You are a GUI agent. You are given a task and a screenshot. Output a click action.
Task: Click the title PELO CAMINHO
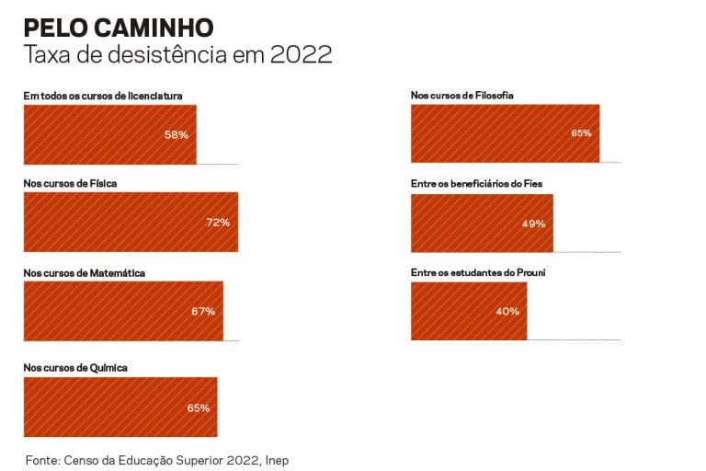click(119, 27)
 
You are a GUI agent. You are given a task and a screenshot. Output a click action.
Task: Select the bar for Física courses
click(131, 222)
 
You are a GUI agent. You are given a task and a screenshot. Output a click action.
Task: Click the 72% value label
click(218, 223)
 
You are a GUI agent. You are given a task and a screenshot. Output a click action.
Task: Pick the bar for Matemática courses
click(123, 311)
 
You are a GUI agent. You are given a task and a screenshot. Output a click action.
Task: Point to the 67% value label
click(203, 311)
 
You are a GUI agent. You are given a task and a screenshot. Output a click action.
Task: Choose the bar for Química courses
click(120, 407)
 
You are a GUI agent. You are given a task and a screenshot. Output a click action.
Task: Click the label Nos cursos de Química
click(75, 368)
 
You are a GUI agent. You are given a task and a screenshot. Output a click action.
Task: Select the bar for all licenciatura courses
click(109, 134)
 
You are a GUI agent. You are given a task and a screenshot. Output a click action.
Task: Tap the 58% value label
click(176, 134)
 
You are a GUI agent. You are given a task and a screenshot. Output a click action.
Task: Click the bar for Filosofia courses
click(505, 133)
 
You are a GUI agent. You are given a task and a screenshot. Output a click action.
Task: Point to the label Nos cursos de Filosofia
click(461, 95)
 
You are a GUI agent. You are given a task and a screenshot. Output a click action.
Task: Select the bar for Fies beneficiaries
click(482, 223)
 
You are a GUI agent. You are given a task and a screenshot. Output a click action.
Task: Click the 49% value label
click(533, 224)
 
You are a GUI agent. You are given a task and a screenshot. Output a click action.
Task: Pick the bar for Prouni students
click(469, 311)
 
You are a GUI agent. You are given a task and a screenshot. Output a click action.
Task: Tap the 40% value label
click(507, 311)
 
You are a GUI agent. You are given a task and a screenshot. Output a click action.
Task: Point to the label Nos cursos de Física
click(70, 183)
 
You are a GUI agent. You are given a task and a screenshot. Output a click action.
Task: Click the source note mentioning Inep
click(163, 458)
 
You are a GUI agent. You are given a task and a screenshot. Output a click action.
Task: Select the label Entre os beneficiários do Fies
click(476, 184)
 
